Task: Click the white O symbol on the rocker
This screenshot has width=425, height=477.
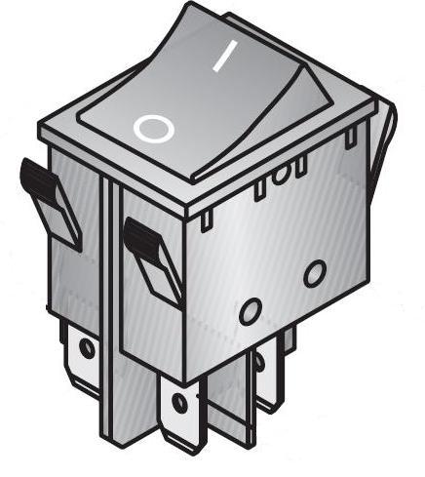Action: coord(154,127)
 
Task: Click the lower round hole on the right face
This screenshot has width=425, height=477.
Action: coord(250,311)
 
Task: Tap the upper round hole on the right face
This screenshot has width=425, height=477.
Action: coord(314,273)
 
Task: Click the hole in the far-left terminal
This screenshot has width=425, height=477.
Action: coord(87,348)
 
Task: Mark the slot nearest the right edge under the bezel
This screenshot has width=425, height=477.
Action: coord(348,138)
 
